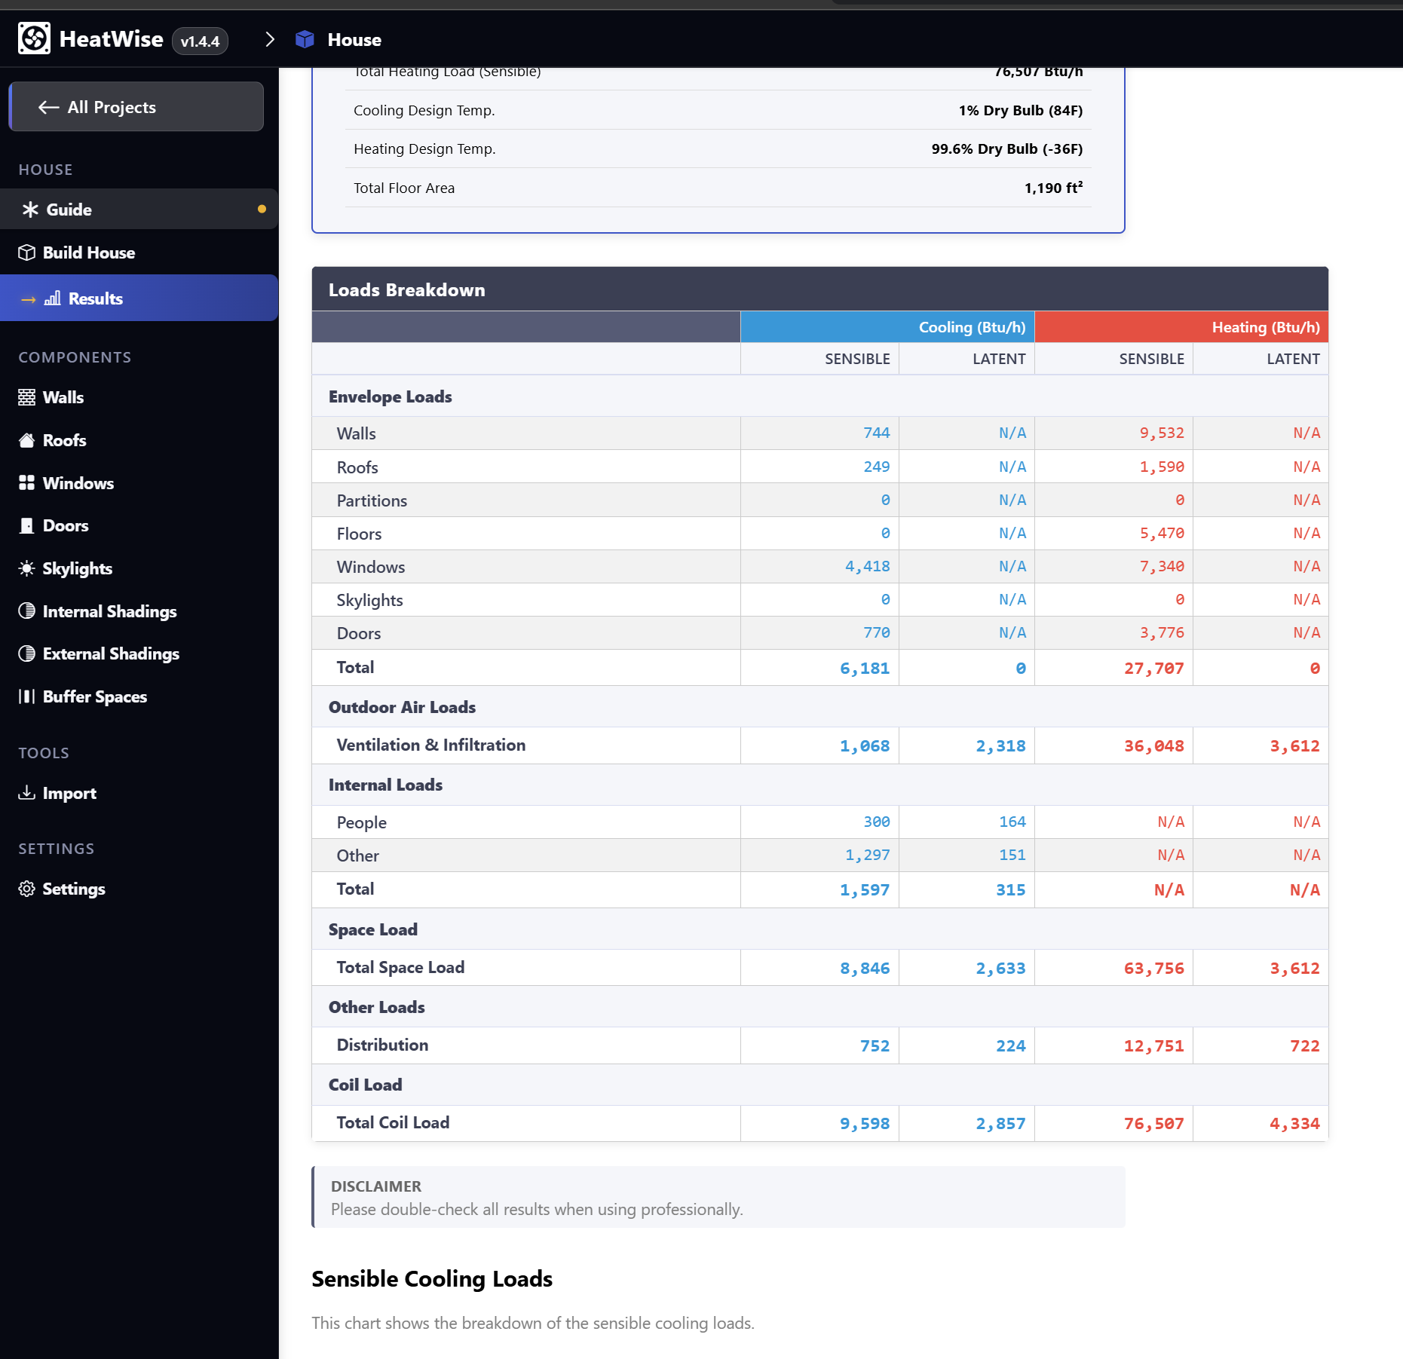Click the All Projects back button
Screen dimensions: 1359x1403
(136, 107)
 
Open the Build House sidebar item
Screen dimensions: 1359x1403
(88, 253)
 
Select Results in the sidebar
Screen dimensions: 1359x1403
(95, 299)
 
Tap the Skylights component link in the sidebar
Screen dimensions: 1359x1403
(77, 569)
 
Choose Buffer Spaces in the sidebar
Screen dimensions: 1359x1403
(94, 697)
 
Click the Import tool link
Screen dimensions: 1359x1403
(69, 794)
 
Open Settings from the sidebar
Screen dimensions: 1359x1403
(73, 889)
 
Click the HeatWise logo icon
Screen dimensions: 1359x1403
(34, 39)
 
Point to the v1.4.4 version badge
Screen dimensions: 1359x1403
(200, 41)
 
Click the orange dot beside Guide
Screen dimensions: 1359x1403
(262, 210)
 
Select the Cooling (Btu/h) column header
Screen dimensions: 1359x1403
(971, 328)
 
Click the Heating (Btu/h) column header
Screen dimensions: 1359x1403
(1265, 328)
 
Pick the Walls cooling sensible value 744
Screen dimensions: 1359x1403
(876, 433)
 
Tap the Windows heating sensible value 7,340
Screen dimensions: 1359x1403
(1161, 567)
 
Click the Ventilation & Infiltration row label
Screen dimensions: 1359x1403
(430, 745)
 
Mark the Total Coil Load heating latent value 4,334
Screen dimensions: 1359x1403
(1294, 1124)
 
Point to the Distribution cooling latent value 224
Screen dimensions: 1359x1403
(1010, 1046)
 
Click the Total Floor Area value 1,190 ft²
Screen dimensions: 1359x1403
(1053, 188)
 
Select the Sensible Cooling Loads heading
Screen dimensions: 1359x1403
(432, 1279)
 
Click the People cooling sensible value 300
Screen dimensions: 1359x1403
(876, 822)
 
